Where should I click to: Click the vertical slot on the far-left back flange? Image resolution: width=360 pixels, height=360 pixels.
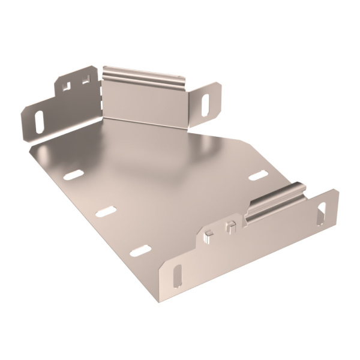[x=39, y=122]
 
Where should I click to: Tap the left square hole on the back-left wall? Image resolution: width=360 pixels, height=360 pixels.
[x=66, y=86]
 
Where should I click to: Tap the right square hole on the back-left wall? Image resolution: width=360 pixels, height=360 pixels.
[x=85, y=79]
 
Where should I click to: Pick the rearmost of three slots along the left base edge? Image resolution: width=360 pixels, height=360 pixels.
[x=73, y=175]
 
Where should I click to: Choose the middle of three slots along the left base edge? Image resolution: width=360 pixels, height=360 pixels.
[x=106, y=211]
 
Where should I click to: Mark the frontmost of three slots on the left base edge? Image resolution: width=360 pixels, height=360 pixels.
[x=140, y=250]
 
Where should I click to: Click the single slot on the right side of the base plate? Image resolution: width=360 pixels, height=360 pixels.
[x=258, y=175]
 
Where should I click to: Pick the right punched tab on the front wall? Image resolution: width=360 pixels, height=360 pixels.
[x=230, y=227]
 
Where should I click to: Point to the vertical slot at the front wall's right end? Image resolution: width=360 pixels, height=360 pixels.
[x=322, y=212]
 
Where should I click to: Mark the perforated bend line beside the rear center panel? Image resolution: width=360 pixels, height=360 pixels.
[x=102, y=96]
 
